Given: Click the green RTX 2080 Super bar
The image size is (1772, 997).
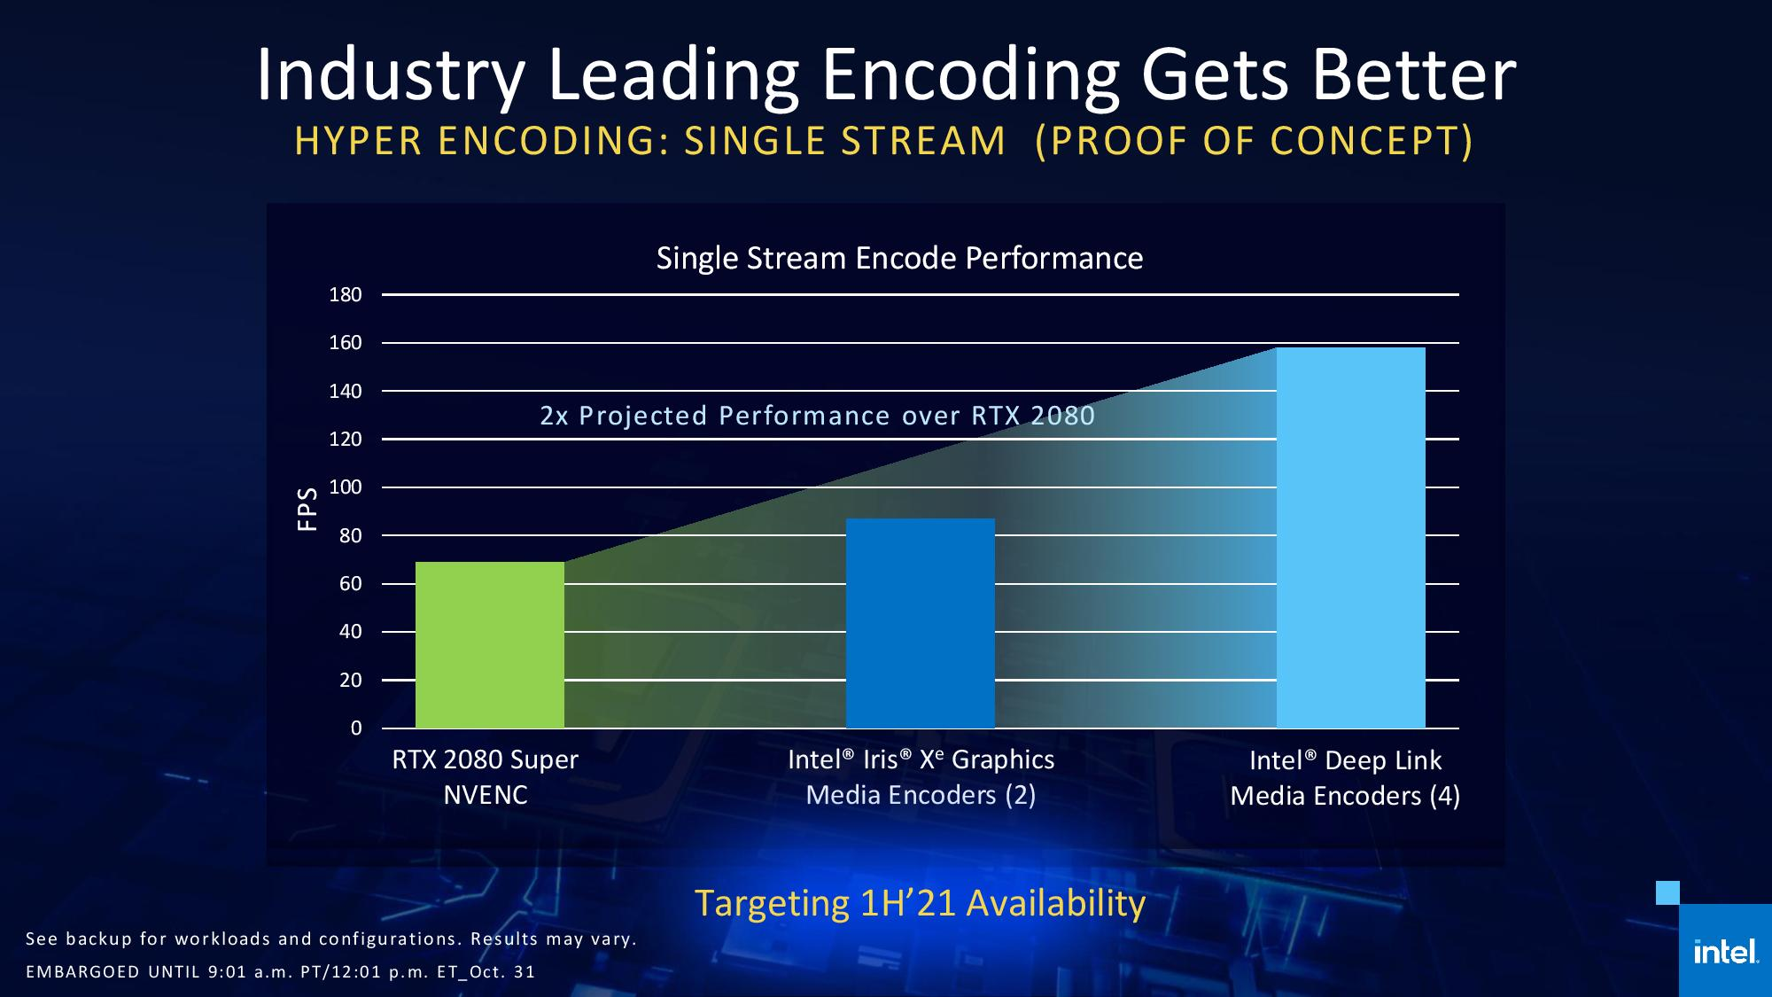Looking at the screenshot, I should coord(489,644).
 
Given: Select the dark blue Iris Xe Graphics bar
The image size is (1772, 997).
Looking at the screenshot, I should coord(920,623).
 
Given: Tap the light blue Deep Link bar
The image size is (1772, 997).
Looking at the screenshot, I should coord(1350,537).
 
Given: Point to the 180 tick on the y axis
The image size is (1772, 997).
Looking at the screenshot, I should coord(346,295).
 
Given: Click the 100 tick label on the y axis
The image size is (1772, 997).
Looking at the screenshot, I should coord(346,487).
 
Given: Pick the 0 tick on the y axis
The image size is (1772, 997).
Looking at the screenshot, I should coord(356,728).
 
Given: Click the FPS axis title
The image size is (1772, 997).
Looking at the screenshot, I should coord(307,510).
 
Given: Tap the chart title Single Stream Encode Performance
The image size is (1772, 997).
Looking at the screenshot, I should coord(899,258).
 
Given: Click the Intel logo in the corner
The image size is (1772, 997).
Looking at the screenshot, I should coord(1724,953).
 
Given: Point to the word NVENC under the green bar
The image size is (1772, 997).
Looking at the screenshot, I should coord(485,795).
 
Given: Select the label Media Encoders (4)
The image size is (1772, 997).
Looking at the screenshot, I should coord(1345,796).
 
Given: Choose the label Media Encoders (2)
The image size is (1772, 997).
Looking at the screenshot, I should coord(921,795).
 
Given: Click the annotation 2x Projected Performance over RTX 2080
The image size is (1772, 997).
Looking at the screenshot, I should coord(817,416).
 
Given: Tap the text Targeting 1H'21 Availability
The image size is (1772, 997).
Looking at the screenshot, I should coord(920,903).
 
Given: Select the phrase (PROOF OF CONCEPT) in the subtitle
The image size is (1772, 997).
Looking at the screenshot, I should coord(1254,141).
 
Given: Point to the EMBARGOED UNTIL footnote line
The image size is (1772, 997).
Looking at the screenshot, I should coord(280,971).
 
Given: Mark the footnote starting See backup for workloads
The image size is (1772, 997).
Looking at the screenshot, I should coord(330,939).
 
